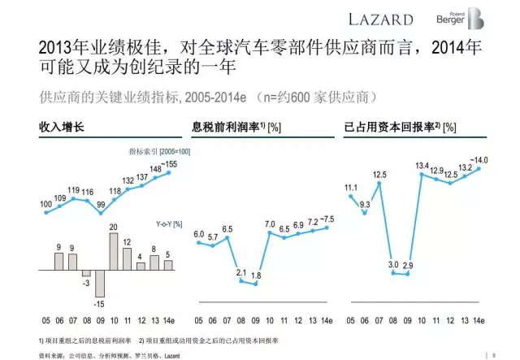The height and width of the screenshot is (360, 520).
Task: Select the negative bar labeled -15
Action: (100, 284)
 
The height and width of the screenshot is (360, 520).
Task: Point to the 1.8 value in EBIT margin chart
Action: (256, 275)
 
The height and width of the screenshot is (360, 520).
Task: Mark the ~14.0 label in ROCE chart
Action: (482, 160)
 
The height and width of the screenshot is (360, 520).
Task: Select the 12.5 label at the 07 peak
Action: (379, 174)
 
